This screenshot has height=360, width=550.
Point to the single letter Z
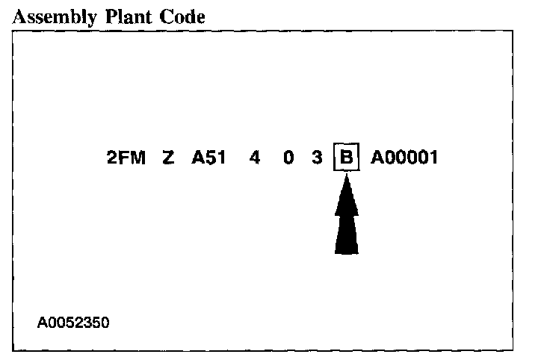[168, 158]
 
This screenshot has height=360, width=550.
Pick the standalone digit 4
[255, 158]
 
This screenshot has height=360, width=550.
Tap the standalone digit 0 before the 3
[288, 158]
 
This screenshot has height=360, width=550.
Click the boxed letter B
[346, 158]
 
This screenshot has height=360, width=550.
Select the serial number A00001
[404, 158]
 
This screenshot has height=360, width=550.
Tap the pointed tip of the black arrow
[346, 181]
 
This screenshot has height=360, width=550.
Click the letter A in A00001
[377, 158]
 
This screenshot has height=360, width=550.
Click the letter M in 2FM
[140, 158]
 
